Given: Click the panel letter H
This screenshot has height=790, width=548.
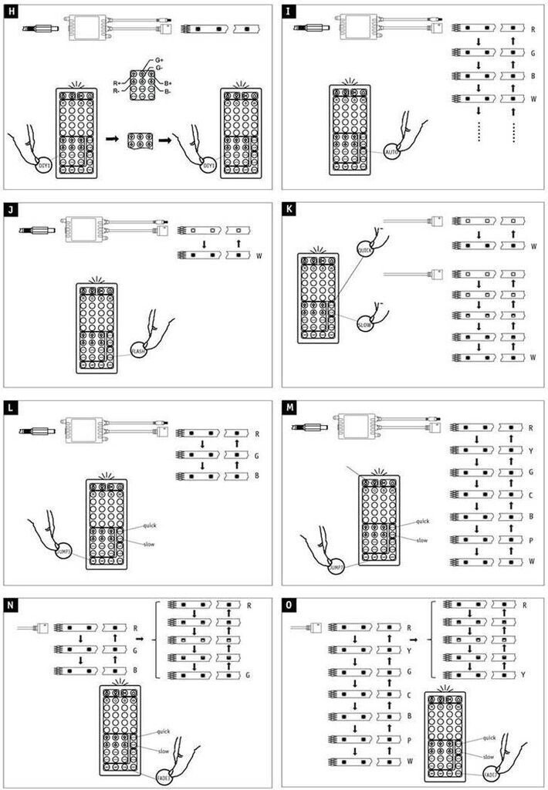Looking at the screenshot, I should pos(12,13).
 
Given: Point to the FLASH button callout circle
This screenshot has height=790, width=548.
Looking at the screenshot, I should pos(139,351).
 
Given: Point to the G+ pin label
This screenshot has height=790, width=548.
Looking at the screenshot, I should pos(159,59).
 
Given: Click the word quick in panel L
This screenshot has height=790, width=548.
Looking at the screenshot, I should pos(151,526).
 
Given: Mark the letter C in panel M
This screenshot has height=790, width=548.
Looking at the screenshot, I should pos(532,494).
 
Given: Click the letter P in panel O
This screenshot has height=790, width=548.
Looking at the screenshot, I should pos(408,740).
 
